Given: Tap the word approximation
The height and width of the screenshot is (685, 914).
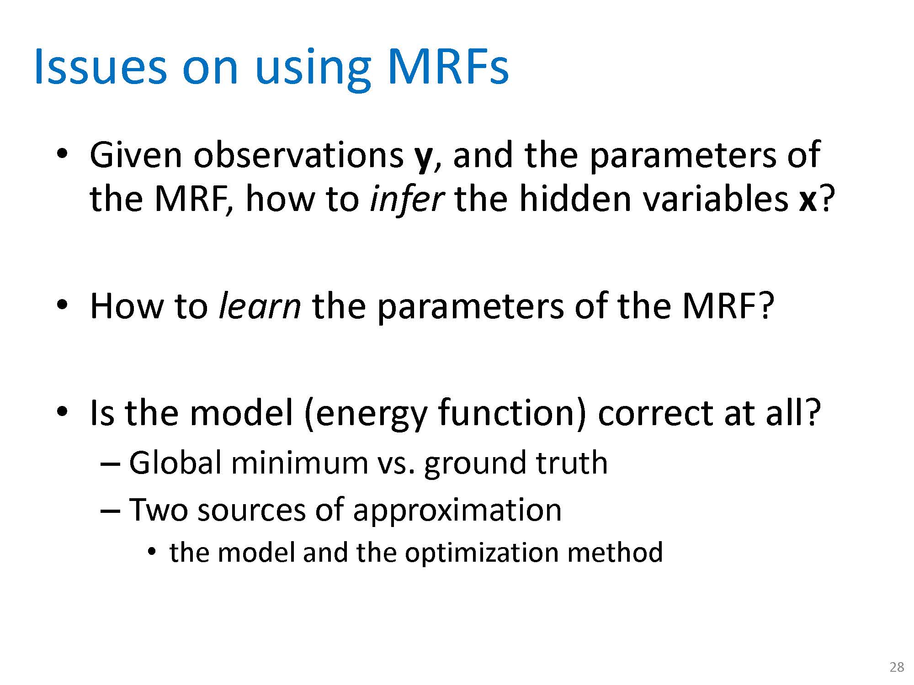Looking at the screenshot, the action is (457, 511).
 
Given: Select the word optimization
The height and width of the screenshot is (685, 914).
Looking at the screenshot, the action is (482, 553).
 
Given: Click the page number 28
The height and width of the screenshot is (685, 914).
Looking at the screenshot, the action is (897, 667).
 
